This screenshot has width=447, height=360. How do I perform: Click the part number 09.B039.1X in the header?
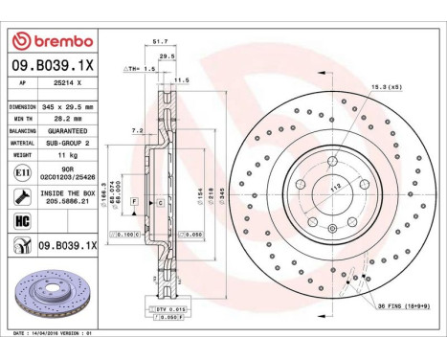tap(52, 64)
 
